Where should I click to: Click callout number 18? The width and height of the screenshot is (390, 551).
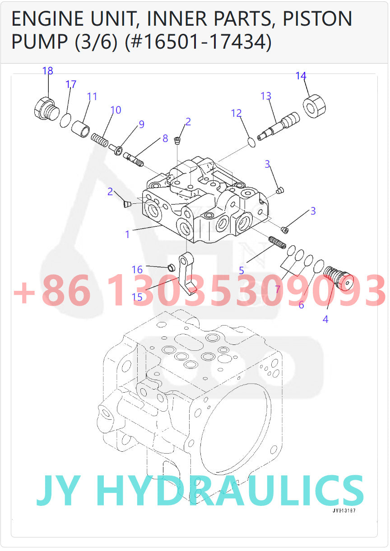pos(48,71)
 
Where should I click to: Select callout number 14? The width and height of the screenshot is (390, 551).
pos(301,76)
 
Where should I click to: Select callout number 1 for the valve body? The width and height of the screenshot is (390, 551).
pos(127,234)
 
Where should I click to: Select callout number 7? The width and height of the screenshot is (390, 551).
pos(278,289)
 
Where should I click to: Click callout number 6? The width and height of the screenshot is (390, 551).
pos(301,305)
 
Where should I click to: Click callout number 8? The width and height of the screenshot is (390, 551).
pos(165,138)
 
